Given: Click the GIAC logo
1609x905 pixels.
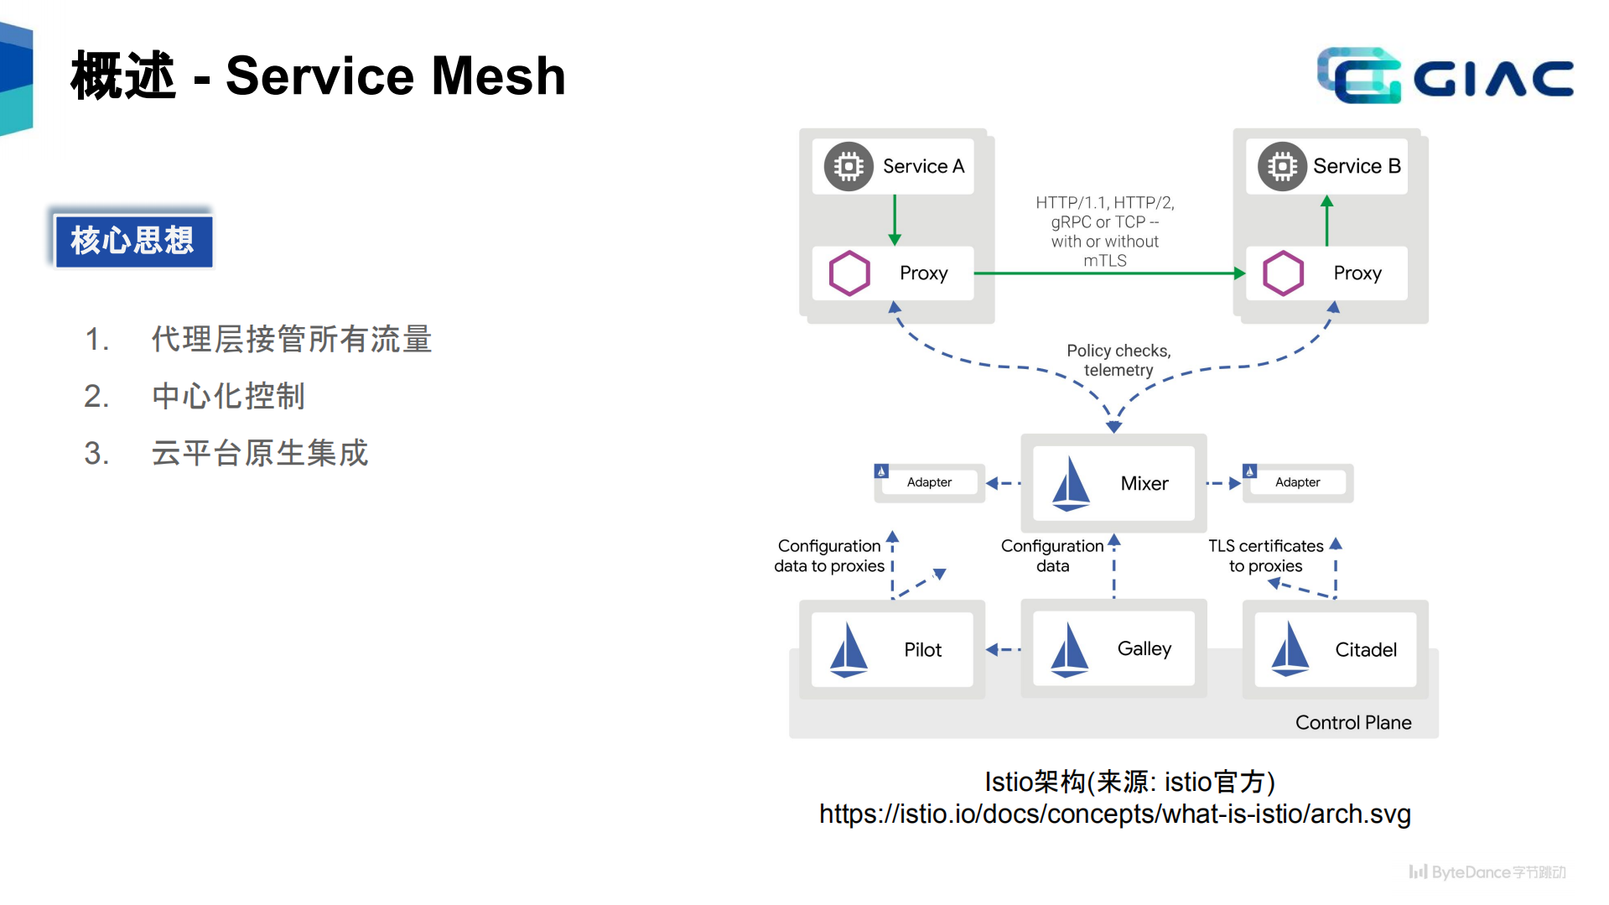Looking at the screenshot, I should click(1445, 76).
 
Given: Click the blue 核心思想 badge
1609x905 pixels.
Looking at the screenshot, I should click(133, 241).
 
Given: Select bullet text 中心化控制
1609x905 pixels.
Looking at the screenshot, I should click(228, 396).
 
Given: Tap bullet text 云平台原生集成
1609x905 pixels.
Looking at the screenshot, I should click(260, 453).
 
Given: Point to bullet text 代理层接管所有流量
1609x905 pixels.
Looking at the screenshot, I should click(292, 339).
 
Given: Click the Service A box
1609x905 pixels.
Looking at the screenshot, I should click(894, 166).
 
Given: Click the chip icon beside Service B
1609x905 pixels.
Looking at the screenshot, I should click(1282, 166).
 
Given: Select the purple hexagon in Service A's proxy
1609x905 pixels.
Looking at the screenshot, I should click(849, 273).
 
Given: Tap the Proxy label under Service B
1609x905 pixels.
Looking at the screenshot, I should click(1357, 273).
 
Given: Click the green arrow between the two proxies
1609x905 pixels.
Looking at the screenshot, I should click(1107, 273).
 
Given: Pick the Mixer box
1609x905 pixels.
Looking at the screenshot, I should click(1113, 483).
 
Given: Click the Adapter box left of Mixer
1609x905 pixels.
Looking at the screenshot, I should click(928, 482).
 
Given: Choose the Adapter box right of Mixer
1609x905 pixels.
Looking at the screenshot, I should click(1297, 482).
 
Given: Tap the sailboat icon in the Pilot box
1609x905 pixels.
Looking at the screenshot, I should click(849, 650).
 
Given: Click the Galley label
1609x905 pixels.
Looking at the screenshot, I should click(1144, 648).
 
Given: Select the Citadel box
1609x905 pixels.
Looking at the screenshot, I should click(1335, 650).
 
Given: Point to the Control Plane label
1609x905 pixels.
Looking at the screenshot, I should click(1352, 722).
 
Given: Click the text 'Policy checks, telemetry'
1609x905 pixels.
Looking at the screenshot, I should click(1119, 360).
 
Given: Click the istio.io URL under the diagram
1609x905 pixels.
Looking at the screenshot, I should click(1114, 814).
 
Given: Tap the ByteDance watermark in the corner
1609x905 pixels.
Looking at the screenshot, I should click(1487, 872).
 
